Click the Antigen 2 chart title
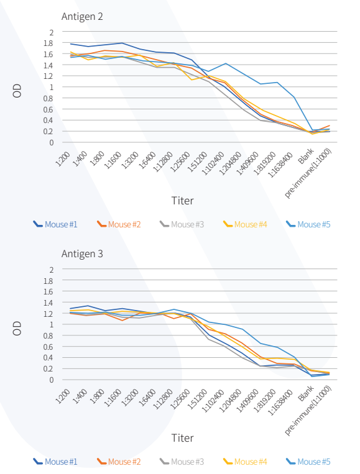[82, 16]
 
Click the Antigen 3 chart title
[82, 253]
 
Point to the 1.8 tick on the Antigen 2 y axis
[48, 43]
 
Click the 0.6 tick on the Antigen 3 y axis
[48, 347]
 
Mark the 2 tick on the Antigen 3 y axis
[52, 270]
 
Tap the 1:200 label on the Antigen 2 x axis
[63, 159]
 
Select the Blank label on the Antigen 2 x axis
[306, 156]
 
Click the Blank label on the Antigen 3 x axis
[306, 393]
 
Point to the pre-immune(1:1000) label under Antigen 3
[308, 411]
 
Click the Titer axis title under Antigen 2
[182, 201]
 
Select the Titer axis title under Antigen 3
[182, 438]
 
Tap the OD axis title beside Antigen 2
[17, 91]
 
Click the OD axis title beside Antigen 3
[17, 328]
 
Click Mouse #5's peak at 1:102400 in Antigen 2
[225, 63]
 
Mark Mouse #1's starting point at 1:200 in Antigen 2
[71, 44]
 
